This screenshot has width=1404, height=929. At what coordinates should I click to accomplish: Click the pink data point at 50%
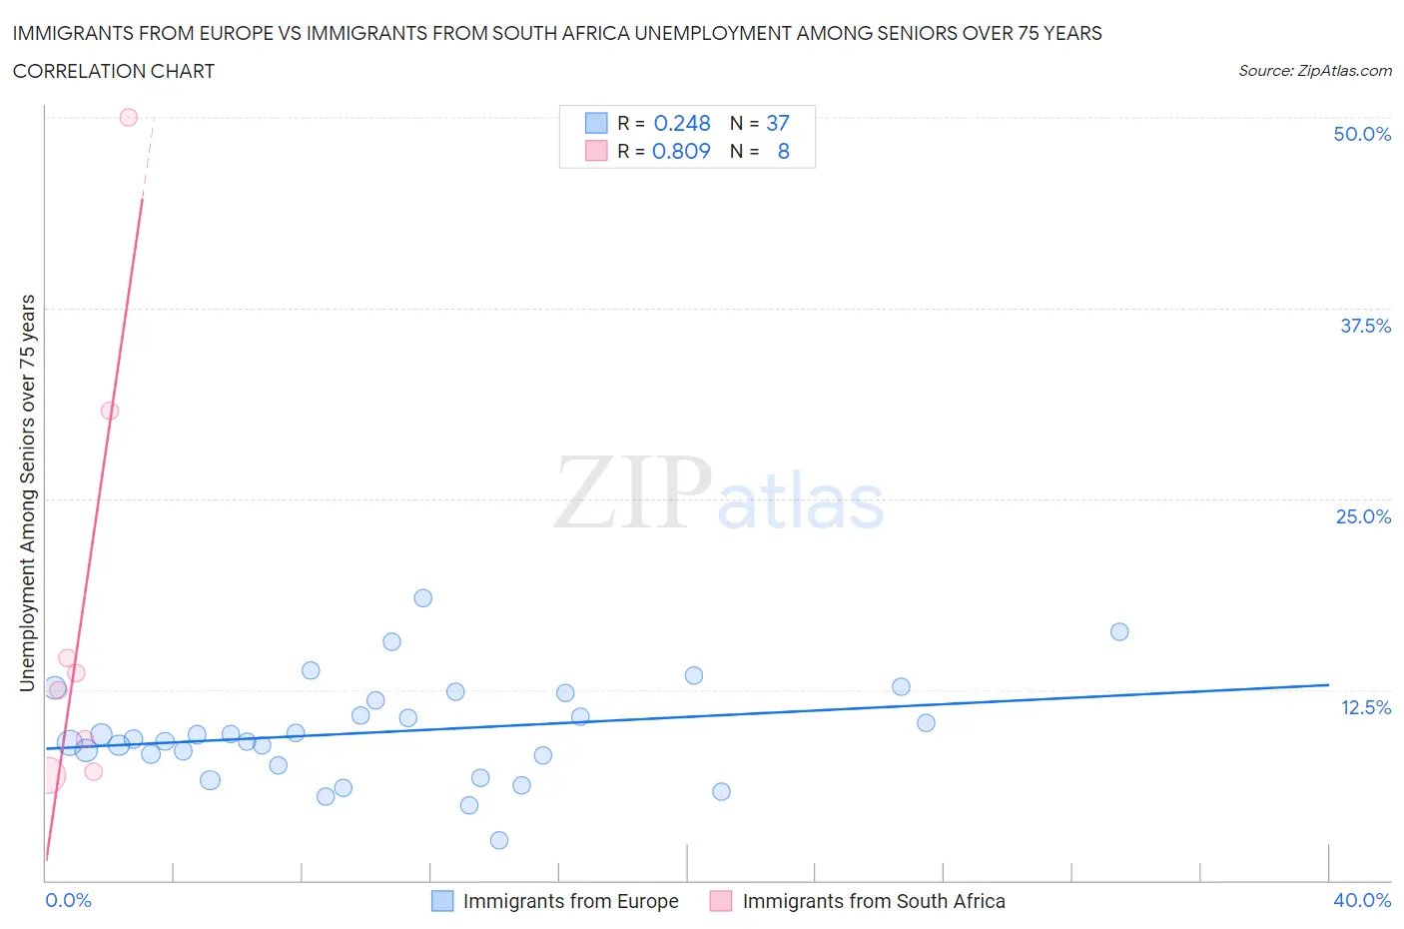[x=128, y=117]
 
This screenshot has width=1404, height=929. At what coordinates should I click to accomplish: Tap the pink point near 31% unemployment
[x=110, y=411]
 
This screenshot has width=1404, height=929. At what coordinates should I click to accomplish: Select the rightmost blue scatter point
[x=1119, y=631]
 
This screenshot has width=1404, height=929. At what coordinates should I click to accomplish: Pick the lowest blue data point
[x=499, y=840]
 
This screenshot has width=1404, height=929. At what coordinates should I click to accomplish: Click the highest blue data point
[x=422, y=598]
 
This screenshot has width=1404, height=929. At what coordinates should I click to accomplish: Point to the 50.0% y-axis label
[x=1361, y=134]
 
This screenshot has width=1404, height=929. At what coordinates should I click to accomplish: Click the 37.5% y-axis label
[x=1364, y=326]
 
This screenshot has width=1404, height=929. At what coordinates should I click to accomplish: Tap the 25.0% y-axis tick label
[x=1362, y=516]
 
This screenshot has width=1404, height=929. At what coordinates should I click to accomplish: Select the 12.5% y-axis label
[x=1364, y=707]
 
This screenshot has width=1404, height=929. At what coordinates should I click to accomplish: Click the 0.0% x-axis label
[x=68, y=900]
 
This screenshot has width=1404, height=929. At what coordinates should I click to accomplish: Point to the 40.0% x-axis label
[x=1361, y=900]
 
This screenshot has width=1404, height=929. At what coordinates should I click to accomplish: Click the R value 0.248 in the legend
[x=682, y=123]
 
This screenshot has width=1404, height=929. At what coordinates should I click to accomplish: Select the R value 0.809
[x=681, y=151]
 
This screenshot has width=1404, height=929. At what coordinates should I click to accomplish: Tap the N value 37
[x=778, y=123]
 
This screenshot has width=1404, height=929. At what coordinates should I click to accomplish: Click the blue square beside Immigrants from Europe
[x=441, y=901]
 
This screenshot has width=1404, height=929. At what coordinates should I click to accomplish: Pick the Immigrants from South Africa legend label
[x=874, y=901]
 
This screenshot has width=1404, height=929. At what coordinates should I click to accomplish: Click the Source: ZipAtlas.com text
[x=1314, y=70]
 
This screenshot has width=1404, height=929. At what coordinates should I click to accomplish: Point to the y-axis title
[x=28, y=492]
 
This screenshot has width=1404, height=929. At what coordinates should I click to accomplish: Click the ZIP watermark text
[x=633, y=493]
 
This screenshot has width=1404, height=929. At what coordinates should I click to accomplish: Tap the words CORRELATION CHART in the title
[x=114, y=71]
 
